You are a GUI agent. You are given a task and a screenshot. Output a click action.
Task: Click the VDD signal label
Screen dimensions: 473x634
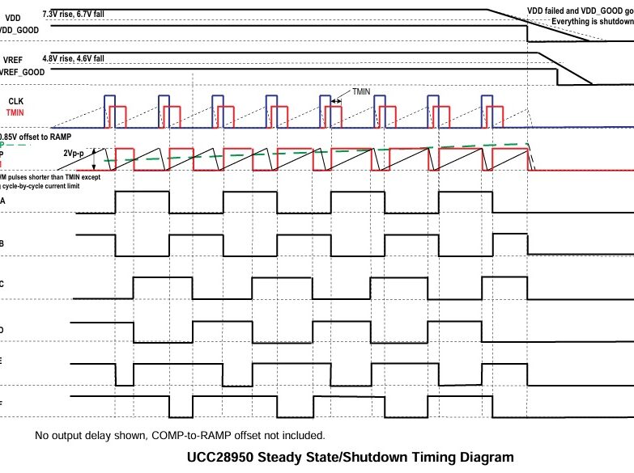13,17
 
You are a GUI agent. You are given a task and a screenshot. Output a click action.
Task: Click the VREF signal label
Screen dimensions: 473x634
13,60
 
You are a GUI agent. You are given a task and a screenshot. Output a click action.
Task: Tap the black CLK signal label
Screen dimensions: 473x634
16,101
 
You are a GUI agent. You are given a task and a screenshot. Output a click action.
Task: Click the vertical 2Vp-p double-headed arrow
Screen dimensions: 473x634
93,158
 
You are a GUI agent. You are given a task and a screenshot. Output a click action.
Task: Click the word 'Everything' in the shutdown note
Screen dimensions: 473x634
563,21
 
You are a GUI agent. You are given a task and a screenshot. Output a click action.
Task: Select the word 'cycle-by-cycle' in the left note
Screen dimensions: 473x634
38,186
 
